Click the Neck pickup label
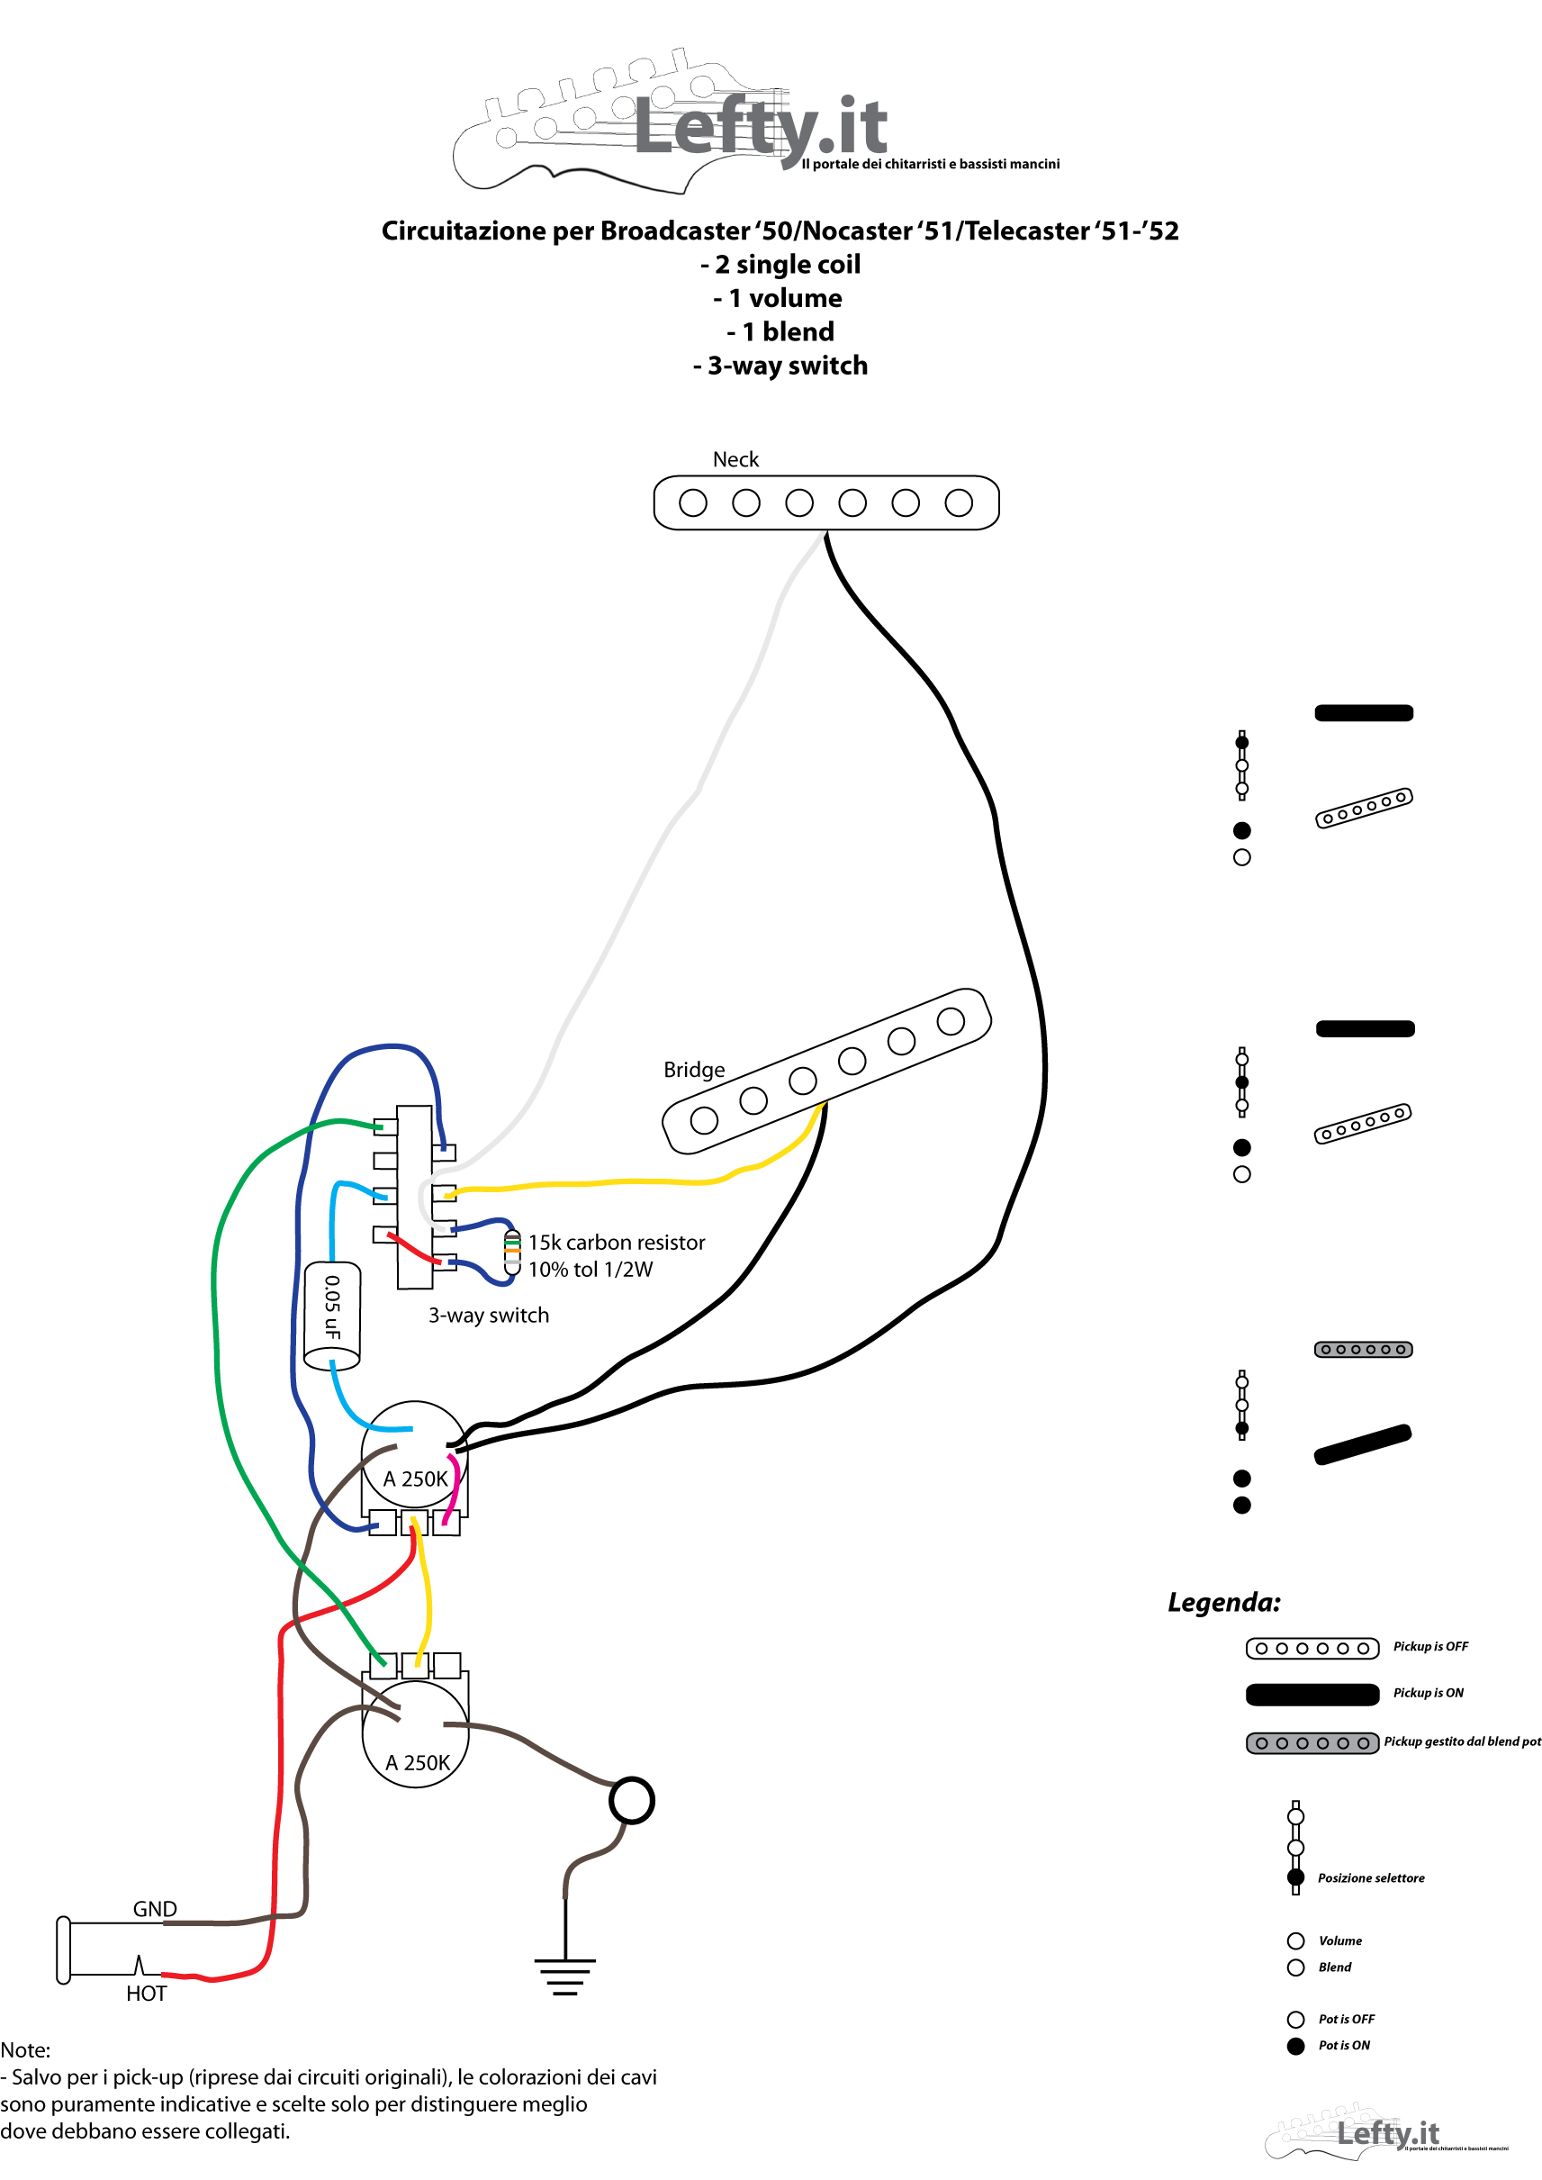(x=735, y=460)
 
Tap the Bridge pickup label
(x=694, y=1070)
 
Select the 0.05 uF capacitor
(x=331, y=1316)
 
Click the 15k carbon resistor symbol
(x=512, y=1252)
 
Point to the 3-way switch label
(x=488, y=1316)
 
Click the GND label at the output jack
(x=155, y=1909)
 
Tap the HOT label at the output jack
(x=146, y=1994)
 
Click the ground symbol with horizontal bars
(x=565, y=1976)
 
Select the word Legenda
(x=1224, y=1604)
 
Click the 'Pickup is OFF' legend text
(x=1430, y=1646)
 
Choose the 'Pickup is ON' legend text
(x=1428, y=1693)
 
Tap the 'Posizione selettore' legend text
(x=1371, y=1878)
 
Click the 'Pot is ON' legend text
(x=1344, y=2045)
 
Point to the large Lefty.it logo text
(x=761, y=128)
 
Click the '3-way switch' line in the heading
(x=780, y=366)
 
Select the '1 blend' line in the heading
(x=780, y=331)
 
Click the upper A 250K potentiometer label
(x=415, y=1479)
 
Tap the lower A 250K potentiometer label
(x=418, y=1763)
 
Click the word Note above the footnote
(x=25, y=2049)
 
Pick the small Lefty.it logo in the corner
(x=1387, y=2134)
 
